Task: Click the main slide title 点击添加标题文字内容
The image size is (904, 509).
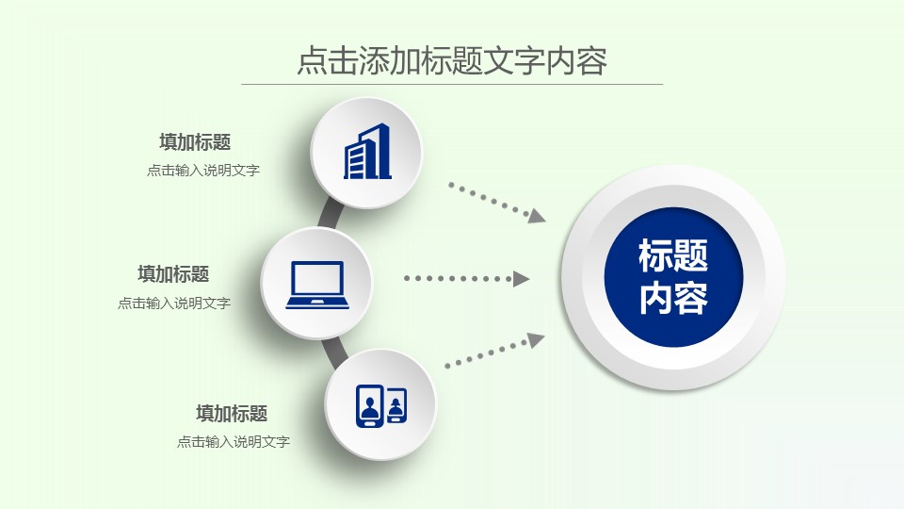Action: [452, 60]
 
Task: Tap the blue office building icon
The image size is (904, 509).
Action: [368, 152]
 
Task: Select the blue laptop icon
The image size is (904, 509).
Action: [317, 285]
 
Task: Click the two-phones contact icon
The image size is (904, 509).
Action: [381, 405]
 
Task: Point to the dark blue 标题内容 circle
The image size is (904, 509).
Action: [673, 277]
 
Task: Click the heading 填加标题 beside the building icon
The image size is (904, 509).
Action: [195, 142]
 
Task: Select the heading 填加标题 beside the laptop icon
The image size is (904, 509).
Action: [173, 274]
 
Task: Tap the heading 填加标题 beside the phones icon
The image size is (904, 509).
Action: [232, 413]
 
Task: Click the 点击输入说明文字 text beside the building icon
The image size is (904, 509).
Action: [203, 171]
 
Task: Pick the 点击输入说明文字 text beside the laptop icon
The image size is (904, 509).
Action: [174, 303]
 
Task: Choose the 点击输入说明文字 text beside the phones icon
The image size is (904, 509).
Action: [233, 441]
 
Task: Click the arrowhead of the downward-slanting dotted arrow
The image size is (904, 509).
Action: [537, 216]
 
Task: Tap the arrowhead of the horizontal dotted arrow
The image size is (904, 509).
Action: [521, 279]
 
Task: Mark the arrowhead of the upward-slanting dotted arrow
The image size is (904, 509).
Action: [536, 340]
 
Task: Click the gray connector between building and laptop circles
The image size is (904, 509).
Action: [330, 215]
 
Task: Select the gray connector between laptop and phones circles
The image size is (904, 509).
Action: [335, 352]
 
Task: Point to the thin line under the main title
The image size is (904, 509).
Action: [452, 84]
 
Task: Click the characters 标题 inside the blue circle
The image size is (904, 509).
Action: [673, 255]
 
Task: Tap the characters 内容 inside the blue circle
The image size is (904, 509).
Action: [673, 298]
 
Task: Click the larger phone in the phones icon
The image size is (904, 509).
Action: [369, 405]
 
